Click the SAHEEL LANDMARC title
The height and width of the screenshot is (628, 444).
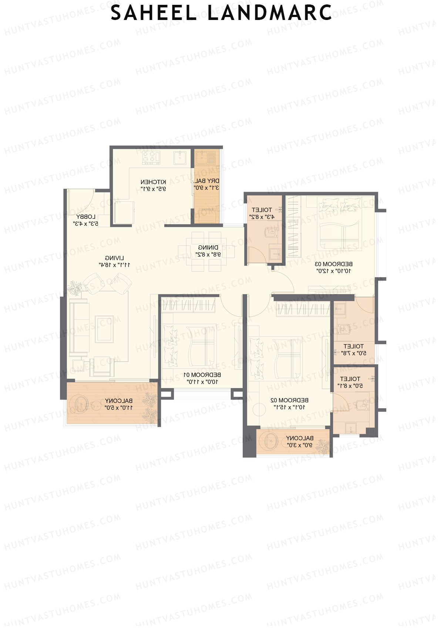(x=221, y=13)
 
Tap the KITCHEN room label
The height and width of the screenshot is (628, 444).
(x=153, y=185)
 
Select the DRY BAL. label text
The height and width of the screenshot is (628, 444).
(x=206, y=184)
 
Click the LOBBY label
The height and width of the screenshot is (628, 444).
(x=86, y=220)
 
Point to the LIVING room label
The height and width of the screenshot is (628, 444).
(x=114, y=261)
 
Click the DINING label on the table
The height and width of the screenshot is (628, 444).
(x=208, y=251)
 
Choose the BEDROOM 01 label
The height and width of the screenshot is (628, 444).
(x=202, y=378)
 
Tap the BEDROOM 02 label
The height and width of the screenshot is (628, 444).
(x=289, y=403)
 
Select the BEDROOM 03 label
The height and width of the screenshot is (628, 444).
(x=333, y=267)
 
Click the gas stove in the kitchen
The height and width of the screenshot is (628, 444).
(x=151, y=158)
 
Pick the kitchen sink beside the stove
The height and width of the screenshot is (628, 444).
(x=181, y=158)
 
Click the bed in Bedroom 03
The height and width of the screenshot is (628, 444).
(x=339, y=226)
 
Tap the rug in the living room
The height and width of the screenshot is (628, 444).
(x=104, y=329)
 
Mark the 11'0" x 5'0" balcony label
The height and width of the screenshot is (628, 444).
(x=118, y=404)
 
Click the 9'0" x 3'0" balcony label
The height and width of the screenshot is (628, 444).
(x=299, y=441)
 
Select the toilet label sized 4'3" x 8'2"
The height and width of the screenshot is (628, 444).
(x=262, y=213)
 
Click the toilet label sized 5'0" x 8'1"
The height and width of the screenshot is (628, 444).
(x=350, y=382)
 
